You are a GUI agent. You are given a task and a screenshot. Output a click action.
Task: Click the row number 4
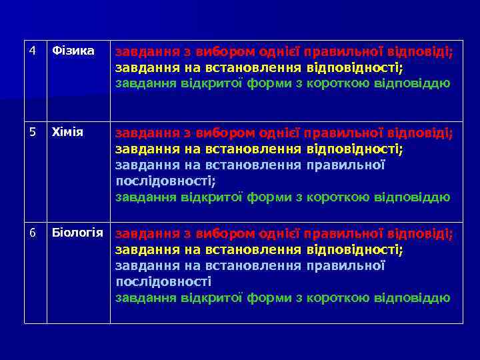[32, 51]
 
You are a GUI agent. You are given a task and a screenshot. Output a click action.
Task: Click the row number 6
[32, 232]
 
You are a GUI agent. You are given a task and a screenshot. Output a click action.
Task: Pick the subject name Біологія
[77, 232]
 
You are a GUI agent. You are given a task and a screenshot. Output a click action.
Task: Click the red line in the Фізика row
[284, 52]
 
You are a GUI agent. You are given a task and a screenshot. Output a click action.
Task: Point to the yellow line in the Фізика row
[259, 68]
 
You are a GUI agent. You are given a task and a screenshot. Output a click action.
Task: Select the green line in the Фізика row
[283, 84]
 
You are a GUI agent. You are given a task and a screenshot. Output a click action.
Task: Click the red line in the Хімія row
[284, 133]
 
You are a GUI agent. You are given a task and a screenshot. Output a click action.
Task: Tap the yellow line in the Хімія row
[259, 149]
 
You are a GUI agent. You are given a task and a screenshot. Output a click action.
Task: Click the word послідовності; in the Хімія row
[166, 181]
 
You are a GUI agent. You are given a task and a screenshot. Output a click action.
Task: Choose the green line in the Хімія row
[283, 197]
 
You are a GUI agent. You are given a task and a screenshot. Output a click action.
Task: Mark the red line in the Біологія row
[284, 234]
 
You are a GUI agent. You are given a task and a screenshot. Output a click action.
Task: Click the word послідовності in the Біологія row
[163, 281]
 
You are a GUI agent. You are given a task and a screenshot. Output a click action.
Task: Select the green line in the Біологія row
[283, 298]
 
